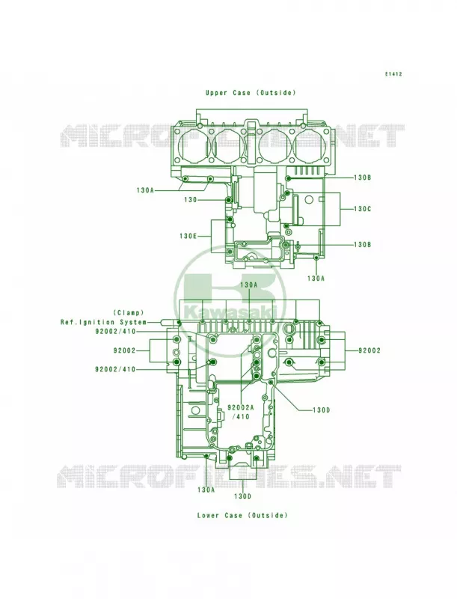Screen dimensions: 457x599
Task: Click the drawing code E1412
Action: pyautogui.click(x=393, y=74)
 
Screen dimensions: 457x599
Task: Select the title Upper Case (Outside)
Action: pyautogui.click(x=251, y=93)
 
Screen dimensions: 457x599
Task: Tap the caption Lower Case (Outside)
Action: pyautogui.click(x=242, y=515)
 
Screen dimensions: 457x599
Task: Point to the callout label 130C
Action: pyautogui.click(x=362, y=209)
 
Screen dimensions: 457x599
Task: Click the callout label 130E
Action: pyautogui.click(x=188, y=236)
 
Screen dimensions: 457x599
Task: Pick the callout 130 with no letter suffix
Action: pyautogui.click(x=190, y=200)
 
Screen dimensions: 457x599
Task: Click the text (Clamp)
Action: pyautogui.click(x=129, y=313)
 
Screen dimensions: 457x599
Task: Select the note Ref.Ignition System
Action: pyautogui.click(x=103, y=323)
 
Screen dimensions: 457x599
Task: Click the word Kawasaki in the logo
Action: pyautogui.click(x=230, y=312)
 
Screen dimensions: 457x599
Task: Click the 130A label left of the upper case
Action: pyautogui.click(x=145, y=190)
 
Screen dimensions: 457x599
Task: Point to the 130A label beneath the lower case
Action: pyautogui.click(x=206, y=490)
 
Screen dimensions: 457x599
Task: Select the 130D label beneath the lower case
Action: pyautogui.click(x=242, y=496)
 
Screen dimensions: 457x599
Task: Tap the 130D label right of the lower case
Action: pyautogui.click(x=321, y=410)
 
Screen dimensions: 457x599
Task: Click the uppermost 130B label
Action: pyautogui.click(x=363, y=177)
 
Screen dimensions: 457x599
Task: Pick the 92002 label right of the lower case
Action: pyautogui.click(x=369, y=350)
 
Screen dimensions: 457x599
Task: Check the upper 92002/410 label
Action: pyautogui.click(x=115, y=332)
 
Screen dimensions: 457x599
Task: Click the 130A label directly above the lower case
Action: pyautogui.click(x=249, y=285)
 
